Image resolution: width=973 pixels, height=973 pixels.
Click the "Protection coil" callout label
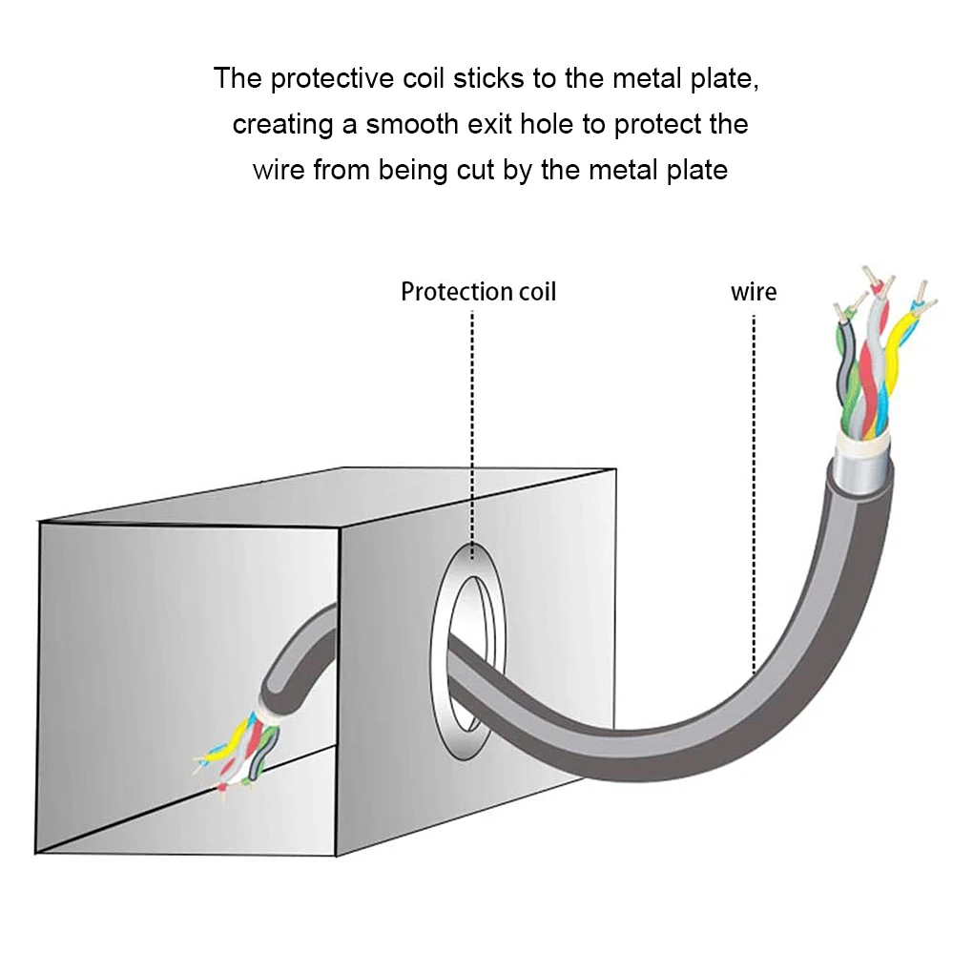coord(478,292)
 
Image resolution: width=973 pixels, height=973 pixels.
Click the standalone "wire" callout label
coord(754,292)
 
